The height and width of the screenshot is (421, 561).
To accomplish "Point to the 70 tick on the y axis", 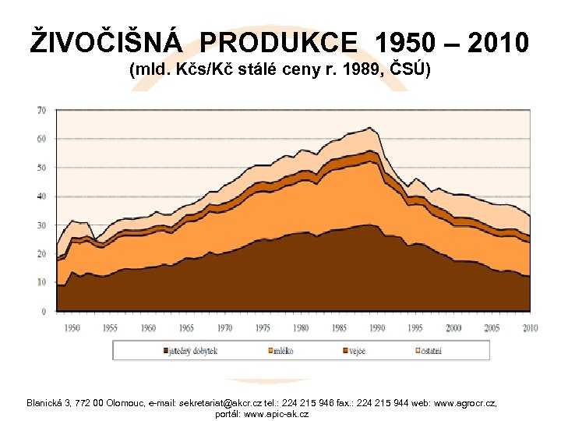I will coord(41,110).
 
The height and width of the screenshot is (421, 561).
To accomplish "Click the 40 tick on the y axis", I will coord(41,196).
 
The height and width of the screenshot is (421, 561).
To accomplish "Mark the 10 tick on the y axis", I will coord(41,282).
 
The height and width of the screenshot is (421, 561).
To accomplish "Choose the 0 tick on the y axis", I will coord(44,311).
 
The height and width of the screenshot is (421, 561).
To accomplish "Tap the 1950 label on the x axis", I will coord(72,327).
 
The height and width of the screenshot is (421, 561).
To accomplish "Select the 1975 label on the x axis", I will coord(263,327).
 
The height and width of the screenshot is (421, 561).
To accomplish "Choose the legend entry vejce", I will coord(355,351).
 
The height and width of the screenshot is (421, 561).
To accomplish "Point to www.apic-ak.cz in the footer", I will coord(277,414).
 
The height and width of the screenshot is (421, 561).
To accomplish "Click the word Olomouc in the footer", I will coord(118,403).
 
